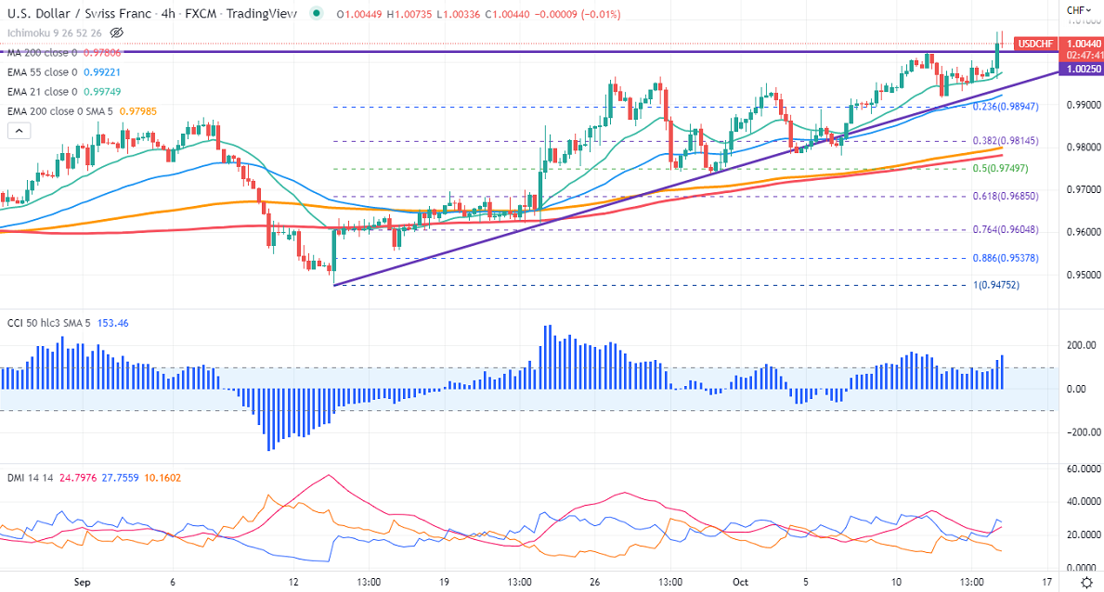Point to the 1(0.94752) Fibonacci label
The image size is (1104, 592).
point(995,285)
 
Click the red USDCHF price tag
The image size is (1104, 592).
point(1033,44)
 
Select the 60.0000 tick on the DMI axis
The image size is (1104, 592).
point(1078,470)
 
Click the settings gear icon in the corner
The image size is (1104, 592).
point(1087,582)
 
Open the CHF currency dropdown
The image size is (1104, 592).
point(1077,10)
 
